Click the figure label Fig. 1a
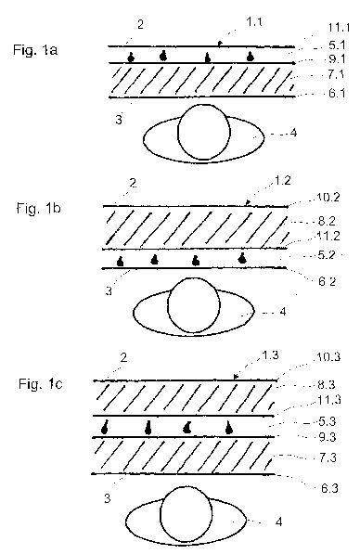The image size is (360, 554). tap(35, 49)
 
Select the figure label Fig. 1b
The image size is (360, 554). tap(39, 208)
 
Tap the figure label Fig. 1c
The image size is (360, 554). tap(41, 383)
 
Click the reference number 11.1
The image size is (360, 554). tap(339, 28)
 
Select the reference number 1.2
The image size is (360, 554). tap(282, 181)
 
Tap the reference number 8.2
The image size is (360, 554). tap(327, 221)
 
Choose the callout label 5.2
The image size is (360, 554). tap(326, 255)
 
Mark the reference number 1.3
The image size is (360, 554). tap(270, 355)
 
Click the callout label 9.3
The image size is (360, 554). tap(328, 437)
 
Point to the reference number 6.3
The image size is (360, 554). tap(329, 488)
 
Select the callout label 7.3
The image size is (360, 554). tap(328, 457)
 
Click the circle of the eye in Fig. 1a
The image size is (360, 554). tap(204, 132)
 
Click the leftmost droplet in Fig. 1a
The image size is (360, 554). tap(131, 58)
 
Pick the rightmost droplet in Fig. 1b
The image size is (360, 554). tap(242, 258)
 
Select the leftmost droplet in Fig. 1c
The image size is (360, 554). tap(105, 428)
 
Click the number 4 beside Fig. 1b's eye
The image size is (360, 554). tap(283, 312)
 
